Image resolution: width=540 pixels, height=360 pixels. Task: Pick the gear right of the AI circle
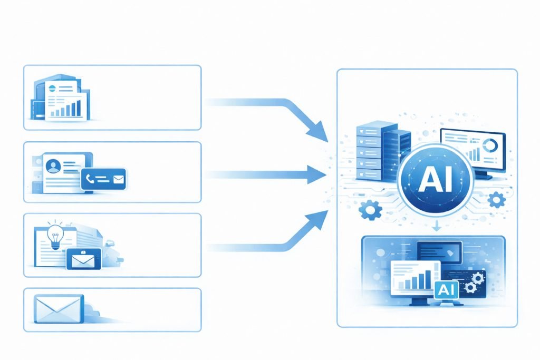[497, 200]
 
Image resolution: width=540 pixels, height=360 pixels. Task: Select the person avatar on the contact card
[53, 167]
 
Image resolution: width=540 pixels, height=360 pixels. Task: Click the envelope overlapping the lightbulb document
[83, 259]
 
